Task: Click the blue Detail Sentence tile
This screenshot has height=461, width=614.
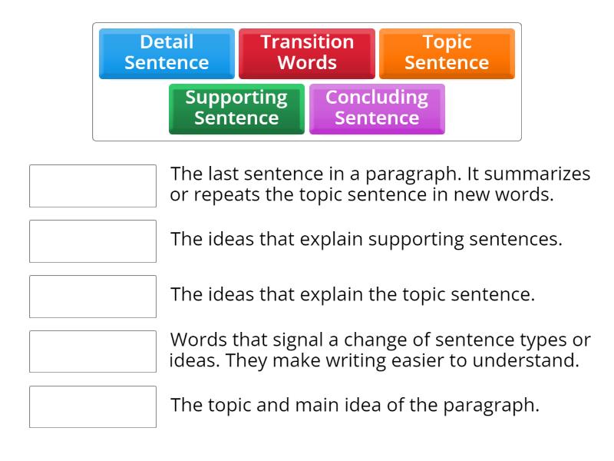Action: pos(167,53)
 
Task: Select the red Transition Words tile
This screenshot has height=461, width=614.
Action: pos(307,53)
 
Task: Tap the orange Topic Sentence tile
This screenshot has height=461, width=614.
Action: pos(447,53)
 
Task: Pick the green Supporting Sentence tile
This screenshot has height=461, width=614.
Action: pos(236,108)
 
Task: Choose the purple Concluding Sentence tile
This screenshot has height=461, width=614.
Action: pos(377,108)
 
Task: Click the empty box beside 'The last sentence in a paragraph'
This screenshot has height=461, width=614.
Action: pos(93,186)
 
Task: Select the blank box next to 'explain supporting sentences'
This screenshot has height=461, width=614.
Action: pos(93,241)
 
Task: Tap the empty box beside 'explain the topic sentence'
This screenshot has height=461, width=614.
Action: pos(93,297)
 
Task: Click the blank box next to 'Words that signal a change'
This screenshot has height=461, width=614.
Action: pos(93,352)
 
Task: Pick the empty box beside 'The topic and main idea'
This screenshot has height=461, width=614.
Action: pos(93,407)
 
